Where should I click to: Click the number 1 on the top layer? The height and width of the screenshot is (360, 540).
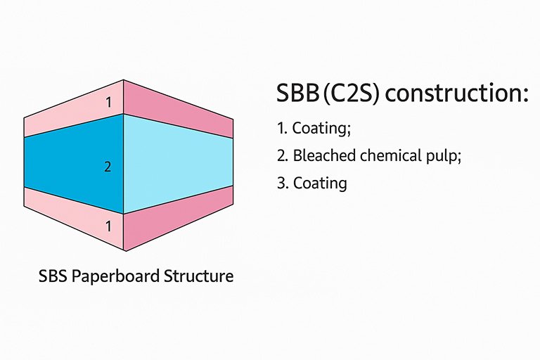[x=109, y=103]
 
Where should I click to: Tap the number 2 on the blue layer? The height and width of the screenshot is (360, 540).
[x=108, y=167]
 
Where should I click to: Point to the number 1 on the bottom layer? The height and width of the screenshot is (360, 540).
[x=108, y=226]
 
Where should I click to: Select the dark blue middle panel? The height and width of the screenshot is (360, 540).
[x=74, y=164]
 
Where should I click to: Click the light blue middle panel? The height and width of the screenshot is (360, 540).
[x=178, y=164]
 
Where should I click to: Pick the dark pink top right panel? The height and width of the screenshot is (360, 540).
[x=178, y=108]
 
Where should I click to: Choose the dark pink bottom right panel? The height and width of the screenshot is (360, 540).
[x=178, y=218]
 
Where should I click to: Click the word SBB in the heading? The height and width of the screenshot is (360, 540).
[x=298, y=93]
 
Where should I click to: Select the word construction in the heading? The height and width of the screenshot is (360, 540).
[x=456, y=94]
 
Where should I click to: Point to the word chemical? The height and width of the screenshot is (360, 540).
[x=391, y=155]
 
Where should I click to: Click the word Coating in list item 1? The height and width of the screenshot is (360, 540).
[x=321, y=129]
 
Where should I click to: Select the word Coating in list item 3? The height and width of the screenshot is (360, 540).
[x=320, y=184]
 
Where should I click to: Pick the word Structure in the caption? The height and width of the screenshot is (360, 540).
[x=199, y=276]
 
